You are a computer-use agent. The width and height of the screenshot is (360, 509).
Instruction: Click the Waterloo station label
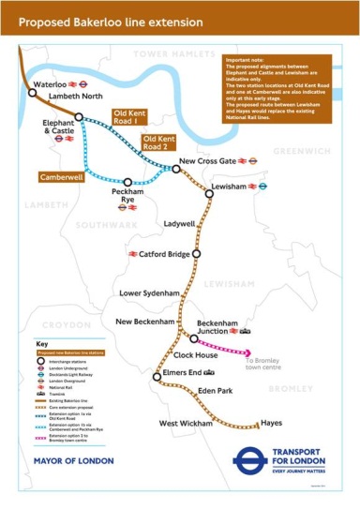click(x=49, y=84)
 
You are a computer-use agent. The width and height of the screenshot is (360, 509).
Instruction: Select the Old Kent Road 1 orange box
click(x=124, y=117)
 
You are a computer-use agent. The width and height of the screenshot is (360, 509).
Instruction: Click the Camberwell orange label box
click(x=60, y=175)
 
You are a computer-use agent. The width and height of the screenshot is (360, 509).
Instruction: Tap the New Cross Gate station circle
click(x=176, y=169)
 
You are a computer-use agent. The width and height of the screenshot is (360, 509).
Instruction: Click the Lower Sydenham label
click(x=149, y=293)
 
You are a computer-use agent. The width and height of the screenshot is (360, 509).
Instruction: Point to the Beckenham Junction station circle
click(x=193, y=337)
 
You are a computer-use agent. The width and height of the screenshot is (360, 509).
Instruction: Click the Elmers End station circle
click(x=157, y=376)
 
